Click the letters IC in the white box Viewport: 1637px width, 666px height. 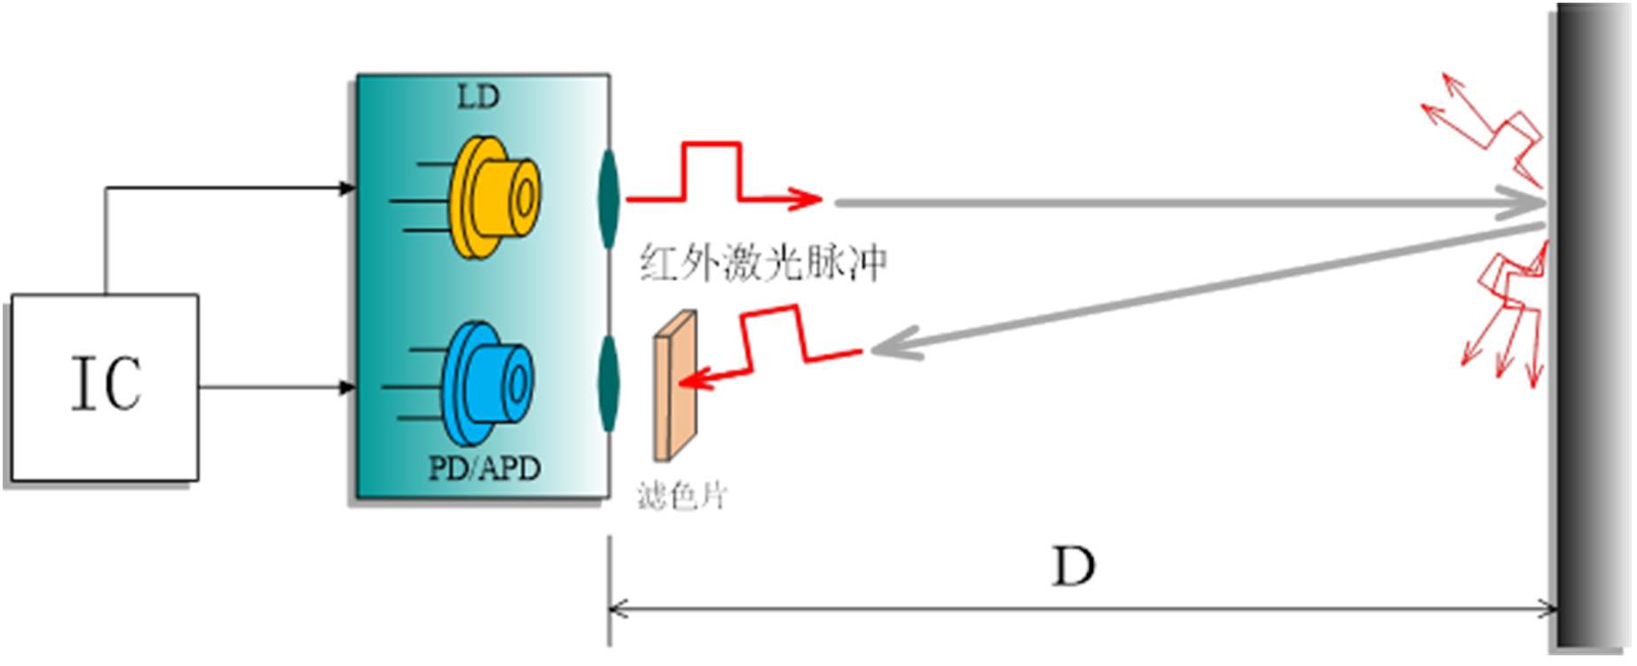click(x=106, y=384)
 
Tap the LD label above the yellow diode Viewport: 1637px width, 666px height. click(x=478, y=96)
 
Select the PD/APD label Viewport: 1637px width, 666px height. click(x=484, y=468)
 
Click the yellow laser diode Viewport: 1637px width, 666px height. click(x=493, y=197)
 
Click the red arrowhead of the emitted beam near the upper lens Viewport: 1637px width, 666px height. click(x=809, y=197)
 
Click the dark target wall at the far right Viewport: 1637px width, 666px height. click(x=1588, y=329)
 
